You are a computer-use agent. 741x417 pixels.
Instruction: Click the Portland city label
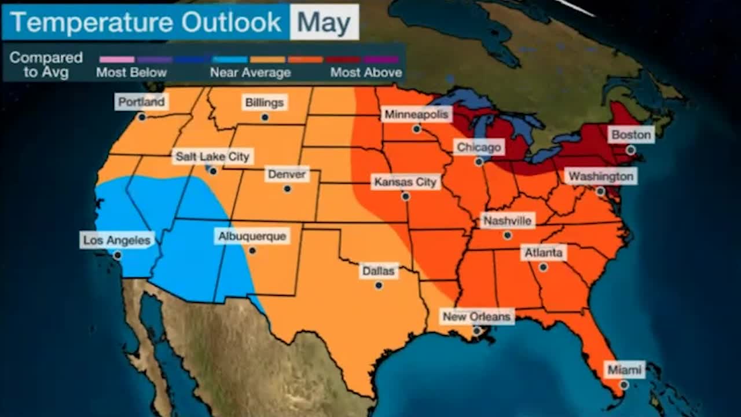pos(141,103)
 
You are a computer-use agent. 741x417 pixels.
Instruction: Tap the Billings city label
pos(265,103)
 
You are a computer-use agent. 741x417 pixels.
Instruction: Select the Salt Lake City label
pos(212,156)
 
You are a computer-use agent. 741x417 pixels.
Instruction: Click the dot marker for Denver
pos(287,189)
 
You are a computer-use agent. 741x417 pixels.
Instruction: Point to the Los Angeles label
pos(117,240)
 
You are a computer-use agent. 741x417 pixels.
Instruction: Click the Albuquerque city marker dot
pos(252,251)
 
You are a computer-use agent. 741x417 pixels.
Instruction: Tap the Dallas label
pos(378,270)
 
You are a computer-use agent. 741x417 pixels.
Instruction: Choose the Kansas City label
pos(405,182)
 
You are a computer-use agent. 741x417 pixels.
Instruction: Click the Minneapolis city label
pos(416,115)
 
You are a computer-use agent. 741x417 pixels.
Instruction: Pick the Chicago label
pos(478,147)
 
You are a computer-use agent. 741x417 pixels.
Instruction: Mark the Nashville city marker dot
pos(507,235)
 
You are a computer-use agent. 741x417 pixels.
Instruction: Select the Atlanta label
pos(543,253)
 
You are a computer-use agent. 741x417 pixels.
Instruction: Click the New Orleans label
pos(476,316)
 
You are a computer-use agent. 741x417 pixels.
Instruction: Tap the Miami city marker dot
pos(624,385)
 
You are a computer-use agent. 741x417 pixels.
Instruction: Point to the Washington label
pos(600,176)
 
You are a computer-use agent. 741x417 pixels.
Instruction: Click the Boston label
pos(631,135)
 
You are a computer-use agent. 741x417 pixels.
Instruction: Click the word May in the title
pos(324,23)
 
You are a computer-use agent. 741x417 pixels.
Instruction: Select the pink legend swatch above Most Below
pos(117,59)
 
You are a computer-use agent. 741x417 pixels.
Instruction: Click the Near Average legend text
pos(250,72)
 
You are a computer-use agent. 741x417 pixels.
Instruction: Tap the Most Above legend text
pos(366,72)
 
